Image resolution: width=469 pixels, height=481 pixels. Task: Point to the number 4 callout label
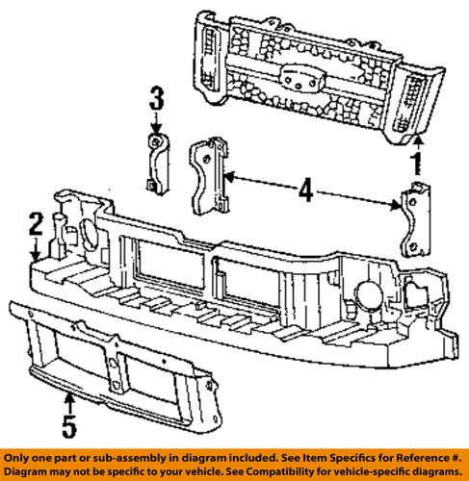click(x=305, y=192)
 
